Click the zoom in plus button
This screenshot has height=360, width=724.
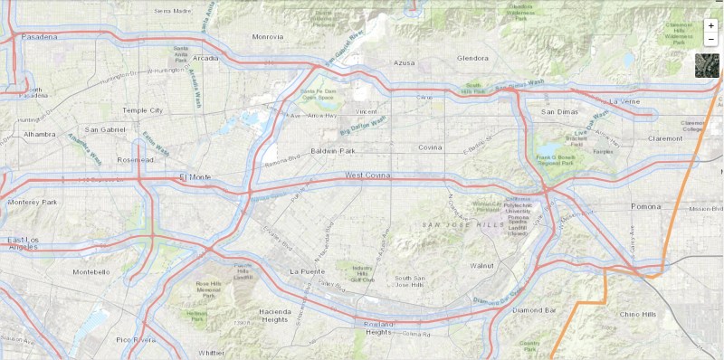coord(711,26)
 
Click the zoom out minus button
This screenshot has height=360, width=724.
coord(711,40)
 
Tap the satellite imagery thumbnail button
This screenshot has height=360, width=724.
coord(707,65)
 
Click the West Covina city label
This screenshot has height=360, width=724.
coord(367,174)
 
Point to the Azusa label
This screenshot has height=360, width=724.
coord(404,62)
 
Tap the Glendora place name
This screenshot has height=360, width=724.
coord(472,58)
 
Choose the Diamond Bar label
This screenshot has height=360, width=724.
coord(533,310)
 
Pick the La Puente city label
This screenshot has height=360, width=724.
coord(306,271)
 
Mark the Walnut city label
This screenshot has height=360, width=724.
coord(482,266)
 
